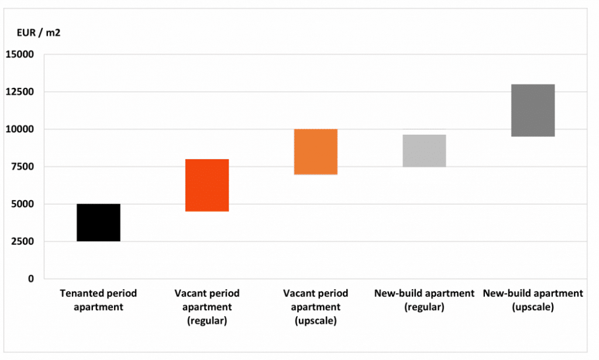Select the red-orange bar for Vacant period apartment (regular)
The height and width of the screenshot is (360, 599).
pos(206,185)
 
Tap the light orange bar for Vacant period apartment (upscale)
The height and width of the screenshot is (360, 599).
pos(315,152)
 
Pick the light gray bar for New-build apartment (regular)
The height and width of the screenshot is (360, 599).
pos(424,151)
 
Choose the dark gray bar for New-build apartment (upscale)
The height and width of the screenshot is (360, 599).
pos(532,110)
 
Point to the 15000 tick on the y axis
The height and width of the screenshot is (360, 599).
pos(20,54)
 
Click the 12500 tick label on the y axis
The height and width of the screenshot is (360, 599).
pos(20,92)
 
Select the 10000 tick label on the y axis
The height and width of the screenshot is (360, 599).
pos(20,129)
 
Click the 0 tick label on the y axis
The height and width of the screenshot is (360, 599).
pos(32,279)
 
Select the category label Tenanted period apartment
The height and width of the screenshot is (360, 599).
pos(98,300)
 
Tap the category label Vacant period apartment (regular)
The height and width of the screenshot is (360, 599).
pos(206,307)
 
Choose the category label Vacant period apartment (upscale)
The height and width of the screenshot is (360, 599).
pos(315,307)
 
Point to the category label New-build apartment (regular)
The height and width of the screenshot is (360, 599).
pos(424,300)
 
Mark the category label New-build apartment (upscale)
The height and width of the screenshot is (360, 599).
pos(532,300)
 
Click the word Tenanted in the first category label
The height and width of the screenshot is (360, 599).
pos(79,293)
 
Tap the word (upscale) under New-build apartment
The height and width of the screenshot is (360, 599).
pos(532,307)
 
